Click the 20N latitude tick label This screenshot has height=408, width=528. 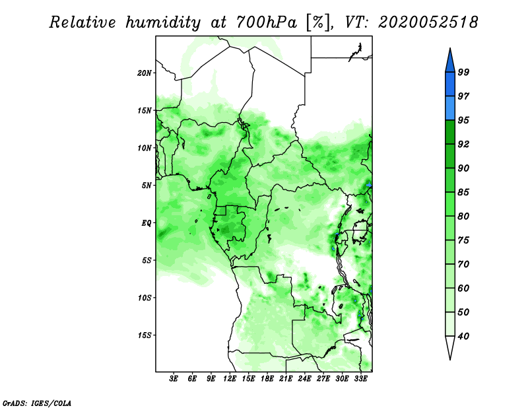pos(145,73)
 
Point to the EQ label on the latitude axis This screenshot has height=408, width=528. pos(147,223)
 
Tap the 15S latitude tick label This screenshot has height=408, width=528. pos(145,335)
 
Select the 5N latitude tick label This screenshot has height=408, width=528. pos(147,186)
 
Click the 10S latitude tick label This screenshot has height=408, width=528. pos(145,298)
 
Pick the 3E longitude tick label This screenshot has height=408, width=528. pos(174,378)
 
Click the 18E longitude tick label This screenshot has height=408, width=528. pos(267,378)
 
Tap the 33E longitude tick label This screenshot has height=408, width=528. pos(360,378)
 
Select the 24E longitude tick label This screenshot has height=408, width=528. pos(304,378)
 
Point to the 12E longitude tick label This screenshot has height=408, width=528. pos(230,378)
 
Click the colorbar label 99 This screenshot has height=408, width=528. pos(464,72)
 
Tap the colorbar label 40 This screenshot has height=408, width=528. pos(464,336)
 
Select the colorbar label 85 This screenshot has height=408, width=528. pos(464,192)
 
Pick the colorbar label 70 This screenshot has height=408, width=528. pos(464,264)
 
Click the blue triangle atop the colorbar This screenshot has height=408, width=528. pos(450,62)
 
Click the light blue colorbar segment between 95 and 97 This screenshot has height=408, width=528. pos(450,108)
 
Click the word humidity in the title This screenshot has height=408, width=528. pos(163,22)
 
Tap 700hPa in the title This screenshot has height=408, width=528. pos(267,22)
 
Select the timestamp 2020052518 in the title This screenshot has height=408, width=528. pos(428,22)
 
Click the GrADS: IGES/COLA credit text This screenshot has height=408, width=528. pos(37,403)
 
